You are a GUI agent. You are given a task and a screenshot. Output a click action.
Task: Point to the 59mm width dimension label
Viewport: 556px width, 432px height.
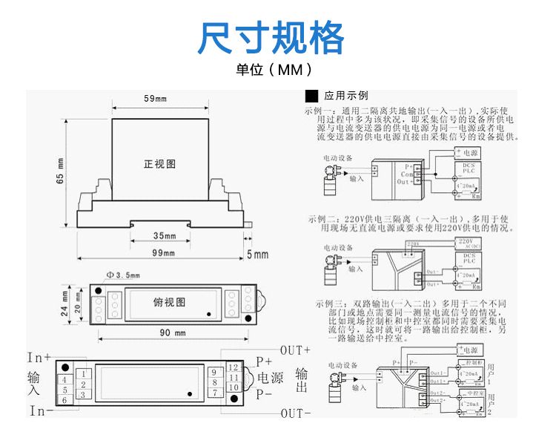click(155, 99)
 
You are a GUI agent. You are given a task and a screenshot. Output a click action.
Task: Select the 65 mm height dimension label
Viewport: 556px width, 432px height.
click(61, 170)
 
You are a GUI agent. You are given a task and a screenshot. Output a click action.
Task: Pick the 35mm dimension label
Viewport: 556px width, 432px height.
click(164, 236)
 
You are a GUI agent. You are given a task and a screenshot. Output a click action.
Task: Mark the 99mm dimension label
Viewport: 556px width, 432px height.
click(164, 254)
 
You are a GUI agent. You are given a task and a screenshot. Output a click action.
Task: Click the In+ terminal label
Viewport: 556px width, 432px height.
click(39, 357)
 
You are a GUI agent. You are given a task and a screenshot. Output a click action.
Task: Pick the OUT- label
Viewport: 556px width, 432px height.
click(295, 413)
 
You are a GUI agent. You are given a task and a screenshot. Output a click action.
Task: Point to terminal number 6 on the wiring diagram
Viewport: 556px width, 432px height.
click(64, 401)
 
